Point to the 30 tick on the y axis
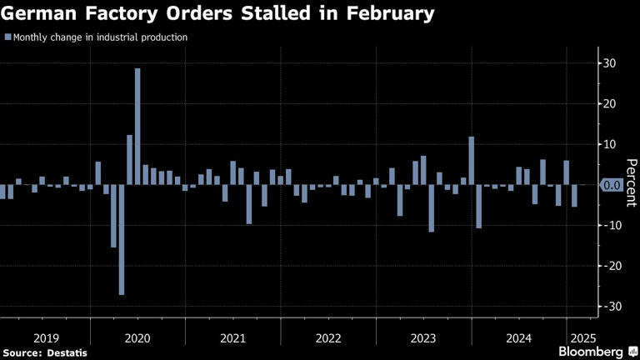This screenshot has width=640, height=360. tap(610, 63)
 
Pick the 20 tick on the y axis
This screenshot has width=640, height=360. tap(610, 104)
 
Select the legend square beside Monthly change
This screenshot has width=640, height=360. tap(7, 37)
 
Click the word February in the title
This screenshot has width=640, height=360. tap(392, 14)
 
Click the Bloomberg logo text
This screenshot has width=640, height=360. tap(592, 352)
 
